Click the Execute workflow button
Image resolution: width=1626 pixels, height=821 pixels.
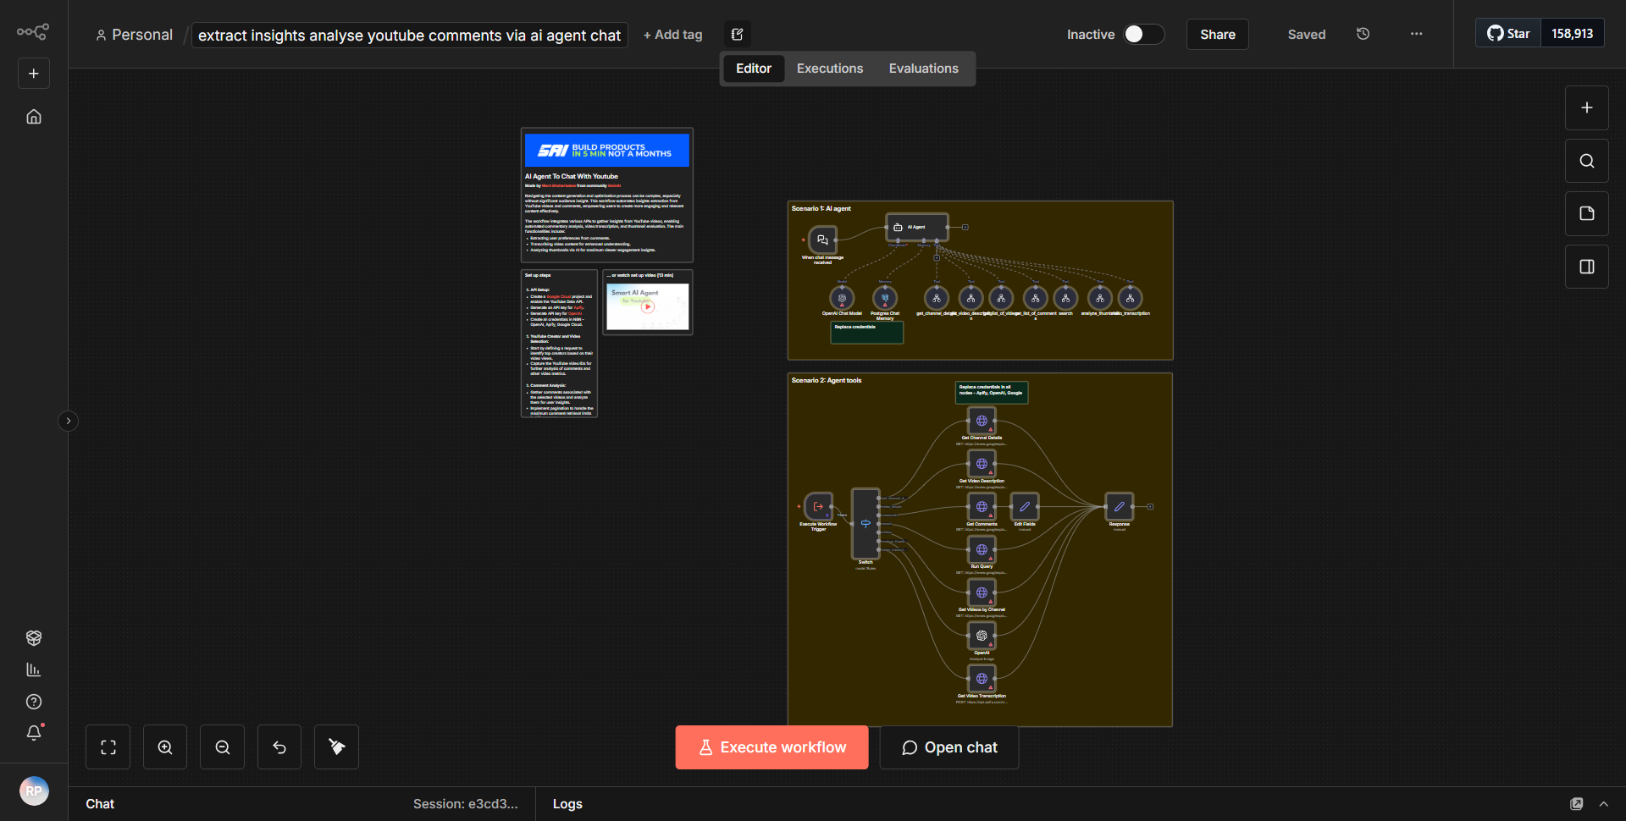point(772,747)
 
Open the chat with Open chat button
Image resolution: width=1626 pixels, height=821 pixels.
point(948,747)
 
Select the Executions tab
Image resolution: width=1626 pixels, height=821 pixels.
point(829,69)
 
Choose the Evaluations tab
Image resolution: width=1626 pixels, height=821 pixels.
point(923,69)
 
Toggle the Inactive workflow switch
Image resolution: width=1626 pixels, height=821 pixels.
point(1142,34)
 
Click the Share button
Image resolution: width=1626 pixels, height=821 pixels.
point(1217,35)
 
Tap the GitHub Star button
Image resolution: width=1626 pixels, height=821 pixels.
point(1508,34)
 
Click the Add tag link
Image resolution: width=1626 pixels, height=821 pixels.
point(672,35)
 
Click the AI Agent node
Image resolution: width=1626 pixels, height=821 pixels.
point(916,227)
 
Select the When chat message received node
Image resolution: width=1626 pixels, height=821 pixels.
point(822,240)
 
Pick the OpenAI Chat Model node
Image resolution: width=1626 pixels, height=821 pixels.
point(842,298)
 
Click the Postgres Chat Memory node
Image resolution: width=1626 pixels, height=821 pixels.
point(885,298)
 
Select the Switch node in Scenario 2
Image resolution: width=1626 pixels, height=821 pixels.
point(866,523)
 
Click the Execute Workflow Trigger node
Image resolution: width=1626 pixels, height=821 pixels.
point(818,507)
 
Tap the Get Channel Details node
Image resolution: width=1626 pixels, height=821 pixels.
point(982,421)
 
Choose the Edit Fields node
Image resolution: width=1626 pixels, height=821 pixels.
point(1025,507)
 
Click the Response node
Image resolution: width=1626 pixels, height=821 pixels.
point(1119,507)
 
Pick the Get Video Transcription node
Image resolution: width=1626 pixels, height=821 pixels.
point(982,679)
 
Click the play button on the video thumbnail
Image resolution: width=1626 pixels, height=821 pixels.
point(648,306)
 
